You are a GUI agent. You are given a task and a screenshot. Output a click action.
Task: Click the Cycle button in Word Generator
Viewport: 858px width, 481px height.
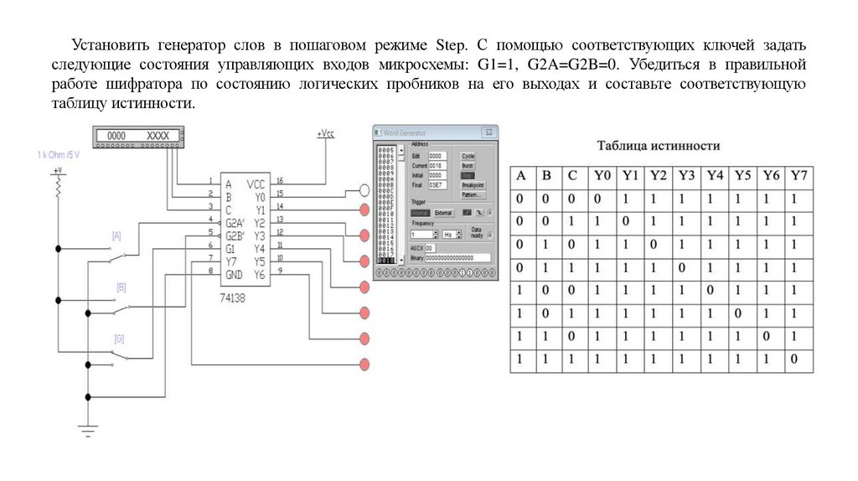[468, 156]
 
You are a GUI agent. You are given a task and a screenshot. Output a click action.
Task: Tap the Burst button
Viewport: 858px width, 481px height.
[468, 166]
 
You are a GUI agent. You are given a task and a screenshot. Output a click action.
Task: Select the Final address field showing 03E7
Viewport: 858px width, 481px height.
[437, 184]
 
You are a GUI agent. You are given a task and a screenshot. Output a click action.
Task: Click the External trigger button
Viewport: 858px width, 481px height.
[443, 213]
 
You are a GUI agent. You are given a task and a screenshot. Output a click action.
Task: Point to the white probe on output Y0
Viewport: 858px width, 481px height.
[364, 190]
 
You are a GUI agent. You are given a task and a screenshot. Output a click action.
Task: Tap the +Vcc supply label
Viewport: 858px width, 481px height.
[326, 133]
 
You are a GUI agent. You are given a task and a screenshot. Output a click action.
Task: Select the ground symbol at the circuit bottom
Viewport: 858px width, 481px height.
[86, 431]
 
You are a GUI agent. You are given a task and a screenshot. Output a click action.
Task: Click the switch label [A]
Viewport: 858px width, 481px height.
[117, 236]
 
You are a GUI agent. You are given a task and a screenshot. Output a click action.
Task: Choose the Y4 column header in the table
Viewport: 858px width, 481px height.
[715, 176]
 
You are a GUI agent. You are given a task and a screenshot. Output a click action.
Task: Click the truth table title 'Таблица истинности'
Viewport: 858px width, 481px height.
[659, 146]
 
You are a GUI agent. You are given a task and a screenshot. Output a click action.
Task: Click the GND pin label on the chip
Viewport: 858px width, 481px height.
[235, 275]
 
